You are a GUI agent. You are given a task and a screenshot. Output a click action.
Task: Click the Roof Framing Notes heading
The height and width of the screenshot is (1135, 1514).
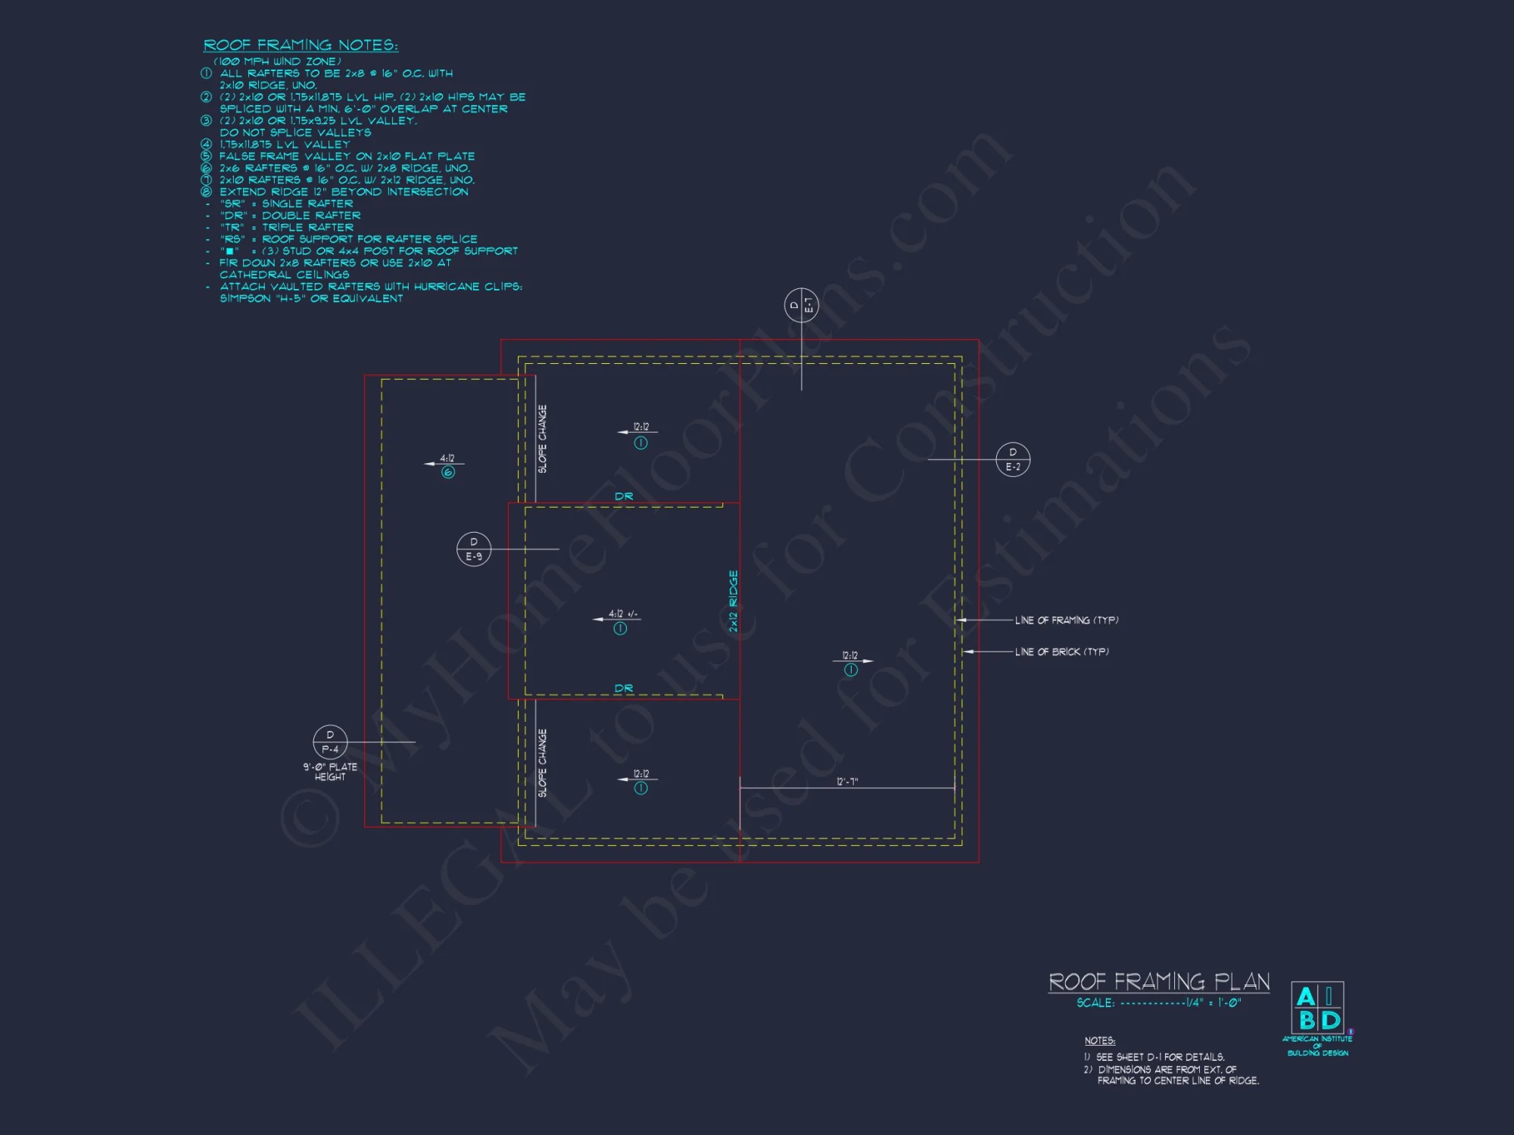pyautogui.click(x=301, y=45)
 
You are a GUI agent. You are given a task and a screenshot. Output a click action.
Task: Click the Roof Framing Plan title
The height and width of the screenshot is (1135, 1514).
pyautogui.click(x=1159, y=981)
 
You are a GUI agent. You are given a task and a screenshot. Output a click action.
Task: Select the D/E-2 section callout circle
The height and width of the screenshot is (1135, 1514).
pyautogui.click(x=1013, y=459)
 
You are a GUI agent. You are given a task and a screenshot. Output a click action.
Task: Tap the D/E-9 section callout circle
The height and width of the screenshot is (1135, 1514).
pyautogui.click(x=474, y=549)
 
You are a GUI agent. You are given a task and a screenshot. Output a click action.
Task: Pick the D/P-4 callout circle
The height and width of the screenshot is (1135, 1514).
pyautogui.click(x=330, y=742)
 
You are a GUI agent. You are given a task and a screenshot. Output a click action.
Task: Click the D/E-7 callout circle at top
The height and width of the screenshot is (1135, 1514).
pyautogui.click(x=801, y=305)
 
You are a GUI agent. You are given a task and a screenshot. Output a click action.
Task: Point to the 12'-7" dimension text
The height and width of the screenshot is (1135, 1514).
pyautogui.click(x=847, y=782)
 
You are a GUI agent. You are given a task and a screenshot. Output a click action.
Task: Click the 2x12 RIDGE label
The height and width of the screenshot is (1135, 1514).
pyautogui.click(x=733, y=602)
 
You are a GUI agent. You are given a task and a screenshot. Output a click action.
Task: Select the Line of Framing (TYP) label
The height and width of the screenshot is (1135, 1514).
pyautogui.click(x=1067, y=620)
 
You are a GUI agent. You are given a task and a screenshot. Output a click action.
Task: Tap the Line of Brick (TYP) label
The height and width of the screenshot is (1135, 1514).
pyautogui.click(x=1061, y=651)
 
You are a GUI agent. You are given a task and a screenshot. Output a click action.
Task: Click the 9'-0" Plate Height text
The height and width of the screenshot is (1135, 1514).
pyautogui.click(x=330, y=772)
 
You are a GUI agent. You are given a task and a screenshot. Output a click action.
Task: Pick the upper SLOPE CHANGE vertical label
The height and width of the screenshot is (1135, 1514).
pyautogui.click(x=542, y=439)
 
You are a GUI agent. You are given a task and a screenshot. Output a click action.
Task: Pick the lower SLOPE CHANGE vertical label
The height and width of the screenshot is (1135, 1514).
pyautogui.click(x=542, y=763)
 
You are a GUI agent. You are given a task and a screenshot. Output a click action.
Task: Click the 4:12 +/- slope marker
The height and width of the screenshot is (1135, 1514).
pyautogui.click(x=623, y=614)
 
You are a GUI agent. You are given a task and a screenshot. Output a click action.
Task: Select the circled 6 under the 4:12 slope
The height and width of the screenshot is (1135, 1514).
pyautogui.click(x=448, y=472)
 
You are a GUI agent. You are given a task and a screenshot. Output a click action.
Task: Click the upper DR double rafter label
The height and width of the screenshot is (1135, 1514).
pyautogui.click(x=624, y=496)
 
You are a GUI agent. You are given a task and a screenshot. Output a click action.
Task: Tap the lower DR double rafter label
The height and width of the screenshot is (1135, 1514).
pyautogui.click(x=624, y=689)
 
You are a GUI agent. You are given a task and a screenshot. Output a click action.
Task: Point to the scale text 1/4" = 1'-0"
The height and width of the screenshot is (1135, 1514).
pyautogui.click(x=1213, y=1003)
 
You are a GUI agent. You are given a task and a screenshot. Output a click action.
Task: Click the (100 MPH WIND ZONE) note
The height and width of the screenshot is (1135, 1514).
pyautogui.click(x=277, y=61)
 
